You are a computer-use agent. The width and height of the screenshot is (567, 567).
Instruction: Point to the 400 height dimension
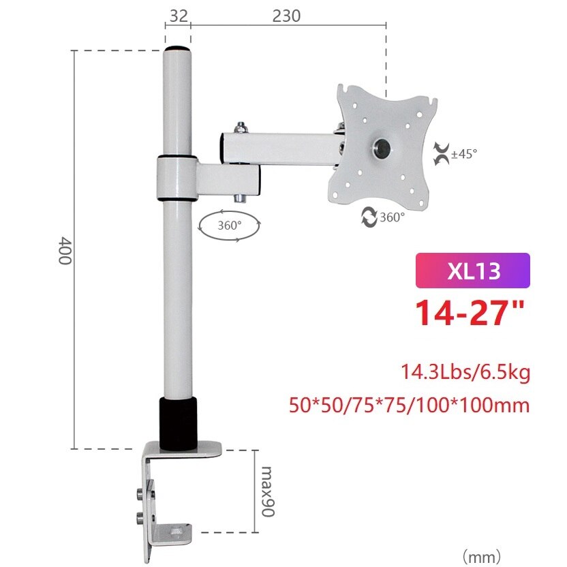[x=66, y=250]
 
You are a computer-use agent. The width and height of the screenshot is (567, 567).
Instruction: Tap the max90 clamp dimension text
[x=267, y=491]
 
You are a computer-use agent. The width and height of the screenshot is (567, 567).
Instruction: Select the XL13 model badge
[x=472, y=271]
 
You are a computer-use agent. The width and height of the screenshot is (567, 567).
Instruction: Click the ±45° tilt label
[x=464, y=153]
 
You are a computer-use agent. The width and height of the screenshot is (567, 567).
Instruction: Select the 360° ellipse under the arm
[x=229, y=224]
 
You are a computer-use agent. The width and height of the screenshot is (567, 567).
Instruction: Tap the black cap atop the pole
[x=177, y=50]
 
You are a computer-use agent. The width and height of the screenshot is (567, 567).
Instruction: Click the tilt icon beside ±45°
[x=441, y=153]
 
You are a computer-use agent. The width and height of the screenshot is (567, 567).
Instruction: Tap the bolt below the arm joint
[x=240, y=198]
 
